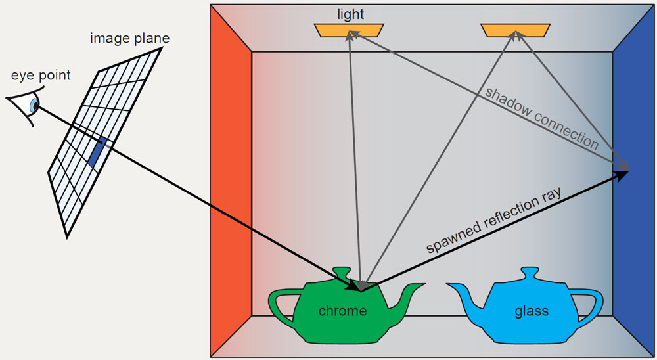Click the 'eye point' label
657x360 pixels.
(x=40, y=75)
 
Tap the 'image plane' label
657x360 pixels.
(x=129, y=38)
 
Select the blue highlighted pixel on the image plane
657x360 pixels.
(x=97, y=152)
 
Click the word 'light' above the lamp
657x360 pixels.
(x=350, y=14)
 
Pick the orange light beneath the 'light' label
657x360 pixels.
(x=349, y=30)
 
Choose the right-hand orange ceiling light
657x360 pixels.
(x=515, y=30)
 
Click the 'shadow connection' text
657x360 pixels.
(x=541, y=117)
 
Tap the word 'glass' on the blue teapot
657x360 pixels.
(x=532, y=310)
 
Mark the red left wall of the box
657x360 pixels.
(x=230, y=184)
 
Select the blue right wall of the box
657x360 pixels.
(x=634, y=184)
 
